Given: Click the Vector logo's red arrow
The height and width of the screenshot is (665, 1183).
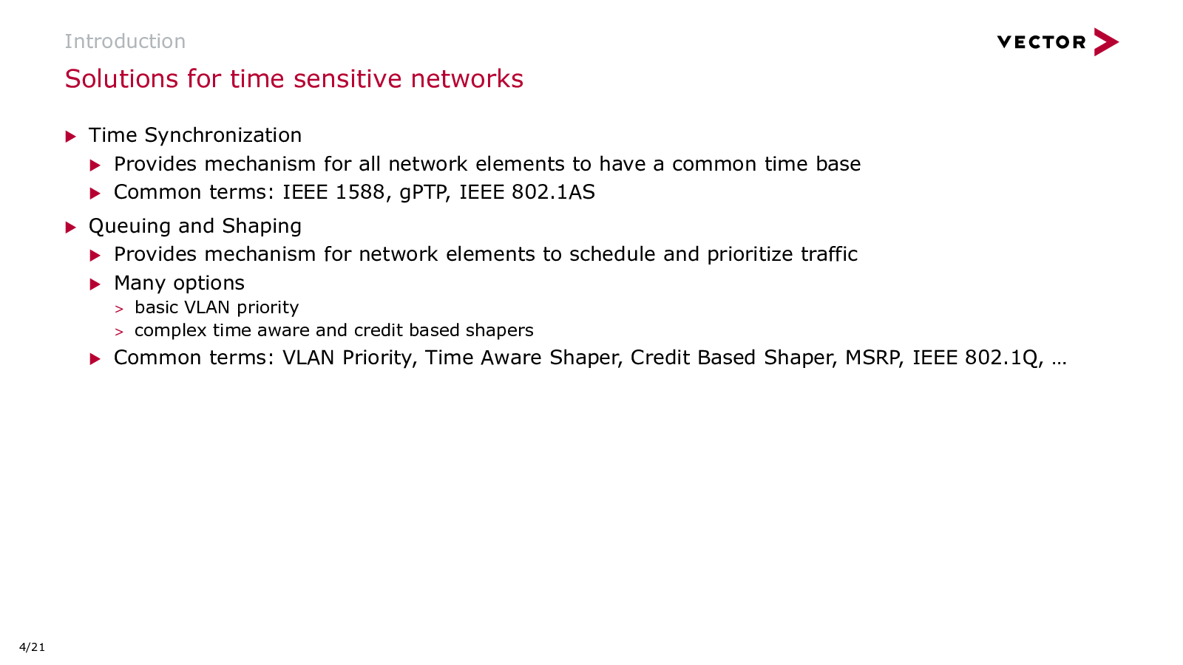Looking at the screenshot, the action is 1106,41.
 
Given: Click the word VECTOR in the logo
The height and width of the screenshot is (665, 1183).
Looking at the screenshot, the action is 1041,42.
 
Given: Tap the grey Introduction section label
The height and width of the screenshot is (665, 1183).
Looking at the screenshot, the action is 125,41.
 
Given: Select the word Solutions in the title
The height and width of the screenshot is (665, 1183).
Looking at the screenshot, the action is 122,78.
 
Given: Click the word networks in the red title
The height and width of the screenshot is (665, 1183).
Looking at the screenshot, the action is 467,78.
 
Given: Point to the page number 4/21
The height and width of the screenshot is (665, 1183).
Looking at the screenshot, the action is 33,647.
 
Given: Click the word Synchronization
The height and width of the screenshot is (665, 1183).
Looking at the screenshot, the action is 223,136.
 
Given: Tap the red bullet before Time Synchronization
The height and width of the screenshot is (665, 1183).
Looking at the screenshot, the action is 71,137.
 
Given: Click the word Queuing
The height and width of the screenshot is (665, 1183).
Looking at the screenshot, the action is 129,226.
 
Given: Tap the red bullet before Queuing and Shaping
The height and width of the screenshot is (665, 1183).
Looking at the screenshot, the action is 71,228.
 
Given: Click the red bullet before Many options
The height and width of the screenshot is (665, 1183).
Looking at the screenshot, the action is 95,284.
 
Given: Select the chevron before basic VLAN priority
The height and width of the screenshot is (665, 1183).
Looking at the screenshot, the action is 119,309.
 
